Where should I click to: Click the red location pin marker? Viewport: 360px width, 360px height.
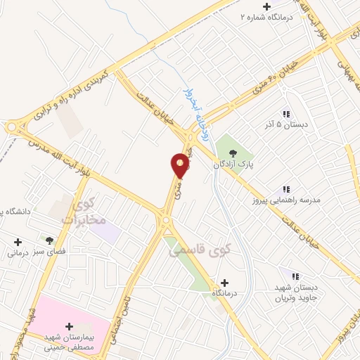pos(180,166)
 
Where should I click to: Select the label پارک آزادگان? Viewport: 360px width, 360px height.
pos(233,164)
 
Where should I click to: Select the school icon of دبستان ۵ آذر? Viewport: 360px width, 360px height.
pos(286,114)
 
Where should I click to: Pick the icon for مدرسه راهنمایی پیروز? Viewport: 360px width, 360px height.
pos(286,189)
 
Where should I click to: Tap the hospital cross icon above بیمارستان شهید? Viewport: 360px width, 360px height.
pos(69,326)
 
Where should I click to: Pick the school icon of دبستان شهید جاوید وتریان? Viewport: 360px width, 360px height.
pos(295,276)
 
